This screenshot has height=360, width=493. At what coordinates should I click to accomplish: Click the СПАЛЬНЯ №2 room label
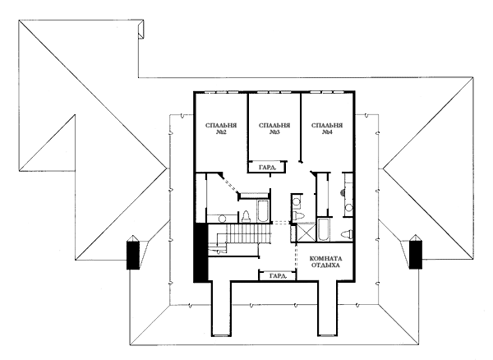coord(221,129)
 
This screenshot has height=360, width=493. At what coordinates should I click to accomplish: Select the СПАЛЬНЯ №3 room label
coord(274,129)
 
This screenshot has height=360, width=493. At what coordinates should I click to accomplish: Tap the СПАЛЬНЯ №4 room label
coord(327,129)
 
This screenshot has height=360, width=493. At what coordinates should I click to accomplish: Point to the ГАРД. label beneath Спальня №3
coord(267,167)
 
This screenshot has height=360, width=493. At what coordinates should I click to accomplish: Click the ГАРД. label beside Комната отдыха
coord(279,275)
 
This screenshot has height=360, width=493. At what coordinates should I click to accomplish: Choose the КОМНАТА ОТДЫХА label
coord(325,262)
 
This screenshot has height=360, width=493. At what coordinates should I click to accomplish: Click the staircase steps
coord(248,233)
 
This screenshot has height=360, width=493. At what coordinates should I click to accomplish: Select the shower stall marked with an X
coord(306,232)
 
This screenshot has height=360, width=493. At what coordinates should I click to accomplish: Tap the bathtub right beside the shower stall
coord(324,229)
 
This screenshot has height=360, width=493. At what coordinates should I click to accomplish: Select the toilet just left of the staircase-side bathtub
coord(246,217)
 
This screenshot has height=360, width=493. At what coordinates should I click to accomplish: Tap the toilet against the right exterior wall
coord(348,234)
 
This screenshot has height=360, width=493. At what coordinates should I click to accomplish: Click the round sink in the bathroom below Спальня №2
coord(223,218)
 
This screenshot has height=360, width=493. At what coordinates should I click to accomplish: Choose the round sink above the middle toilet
coord(296,201)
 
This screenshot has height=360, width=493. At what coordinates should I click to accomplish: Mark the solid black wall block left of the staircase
coord(200,252)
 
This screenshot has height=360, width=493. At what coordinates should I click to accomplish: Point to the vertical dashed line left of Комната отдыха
coord(296,256)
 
